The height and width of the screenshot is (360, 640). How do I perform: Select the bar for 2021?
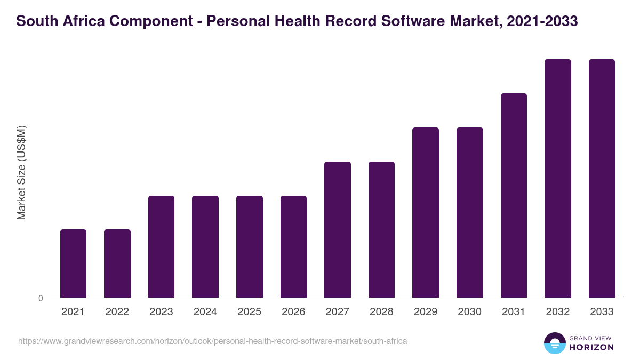pyautogui.click(x=73, y=263)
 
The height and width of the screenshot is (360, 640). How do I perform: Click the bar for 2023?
pyautogui.click(x=161, y=246)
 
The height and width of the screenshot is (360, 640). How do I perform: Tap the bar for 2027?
pyautogui.click(x=338, y=229)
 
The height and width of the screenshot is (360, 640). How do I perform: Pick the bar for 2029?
pyautogui.click(x=426, y=212)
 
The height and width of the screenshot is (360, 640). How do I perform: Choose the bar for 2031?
pyautogui.click(x=514, y=195)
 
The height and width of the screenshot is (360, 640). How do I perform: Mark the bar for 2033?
pyautogui.click(x=602, y=178)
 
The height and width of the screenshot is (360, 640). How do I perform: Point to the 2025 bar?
pyautogui.click(x=250, y=246)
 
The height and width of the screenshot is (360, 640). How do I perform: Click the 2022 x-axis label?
pyautogui.click(x=117, y=312)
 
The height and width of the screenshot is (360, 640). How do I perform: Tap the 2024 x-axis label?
pyautogui.click(x=205, y=312)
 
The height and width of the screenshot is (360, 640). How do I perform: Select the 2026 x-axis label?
pyautogui.click(x=293, y=312)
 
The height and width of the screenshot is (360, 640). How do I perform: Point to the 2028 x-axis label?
pyautogui.click(x=381, y=312)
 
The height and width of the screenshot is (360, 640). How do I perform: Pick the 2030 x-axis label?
pyautogui.click(x=469, y=312)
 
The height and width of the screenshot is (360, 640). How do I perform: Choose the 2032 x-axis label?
pyautogui.click(x=557, y=312)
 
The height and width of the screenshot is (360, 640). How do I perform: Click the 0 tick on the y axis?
pyautogui.click(x=41, y=299)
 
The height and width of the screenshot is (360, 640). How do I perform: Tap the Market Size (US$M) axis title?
pyautogui.click(x=21, y=172)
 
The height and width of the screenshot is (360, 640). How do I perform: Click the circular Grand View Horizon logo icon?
pyautogui.click(x=555, y=343)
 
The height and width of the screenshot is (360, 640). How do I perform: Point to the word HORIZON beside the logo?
pyautogui.click(x=591, y=347)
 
